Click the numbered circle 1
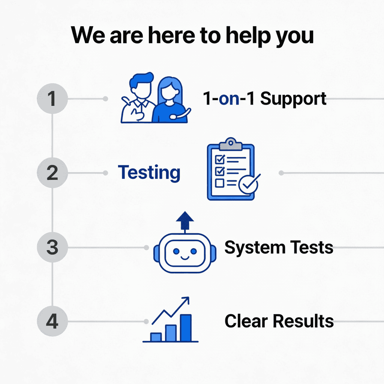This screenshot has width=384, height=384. coord(52,99)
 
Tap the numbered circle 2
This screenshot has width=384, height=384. coord(52,173)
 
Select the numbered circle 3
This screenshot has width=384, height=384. coord(52,247)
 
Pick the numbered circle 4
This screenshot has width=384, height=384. coord(52,322)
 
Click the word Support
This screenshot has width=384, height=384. coord(293,99)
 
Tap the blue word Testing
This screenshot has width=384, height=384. coord(149,173)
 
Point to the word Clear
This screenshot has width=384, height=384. coord(246,321)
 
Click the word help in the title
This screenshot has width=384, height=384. coord(237,36)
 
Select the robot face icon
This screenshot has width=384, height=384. coord(184,252)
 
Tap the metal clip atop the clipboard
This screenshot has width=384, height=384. coord(230,143)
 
